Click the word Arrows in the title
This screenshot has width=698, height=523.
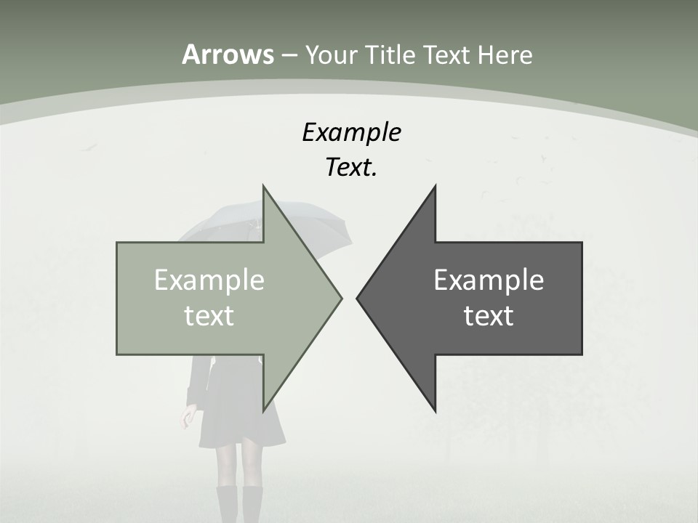[228, 54]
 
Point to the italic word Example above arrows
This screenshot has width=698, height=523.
[351, 132]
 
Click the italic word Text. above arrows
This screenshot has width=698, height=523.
[351, 167]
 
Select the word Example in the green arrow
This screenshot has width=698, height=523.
[209, 280]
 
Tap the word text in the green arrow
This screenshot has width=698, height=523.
[209, 316]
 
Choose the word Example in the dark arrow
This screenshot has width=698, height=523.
[489, 280]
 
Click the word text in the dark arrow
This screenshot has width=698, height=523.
[489, 316]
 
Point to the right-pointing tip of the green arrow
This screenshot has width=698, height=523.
[340, 298]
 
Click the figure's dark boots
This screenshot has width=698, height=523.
[241, 505]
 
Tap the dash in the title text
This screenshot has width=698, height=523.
[289, 56]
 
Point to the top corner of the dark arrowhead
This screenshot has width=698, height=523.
[435, 186]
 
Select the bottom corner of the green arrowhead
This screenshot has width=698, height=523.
[263, 410]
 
